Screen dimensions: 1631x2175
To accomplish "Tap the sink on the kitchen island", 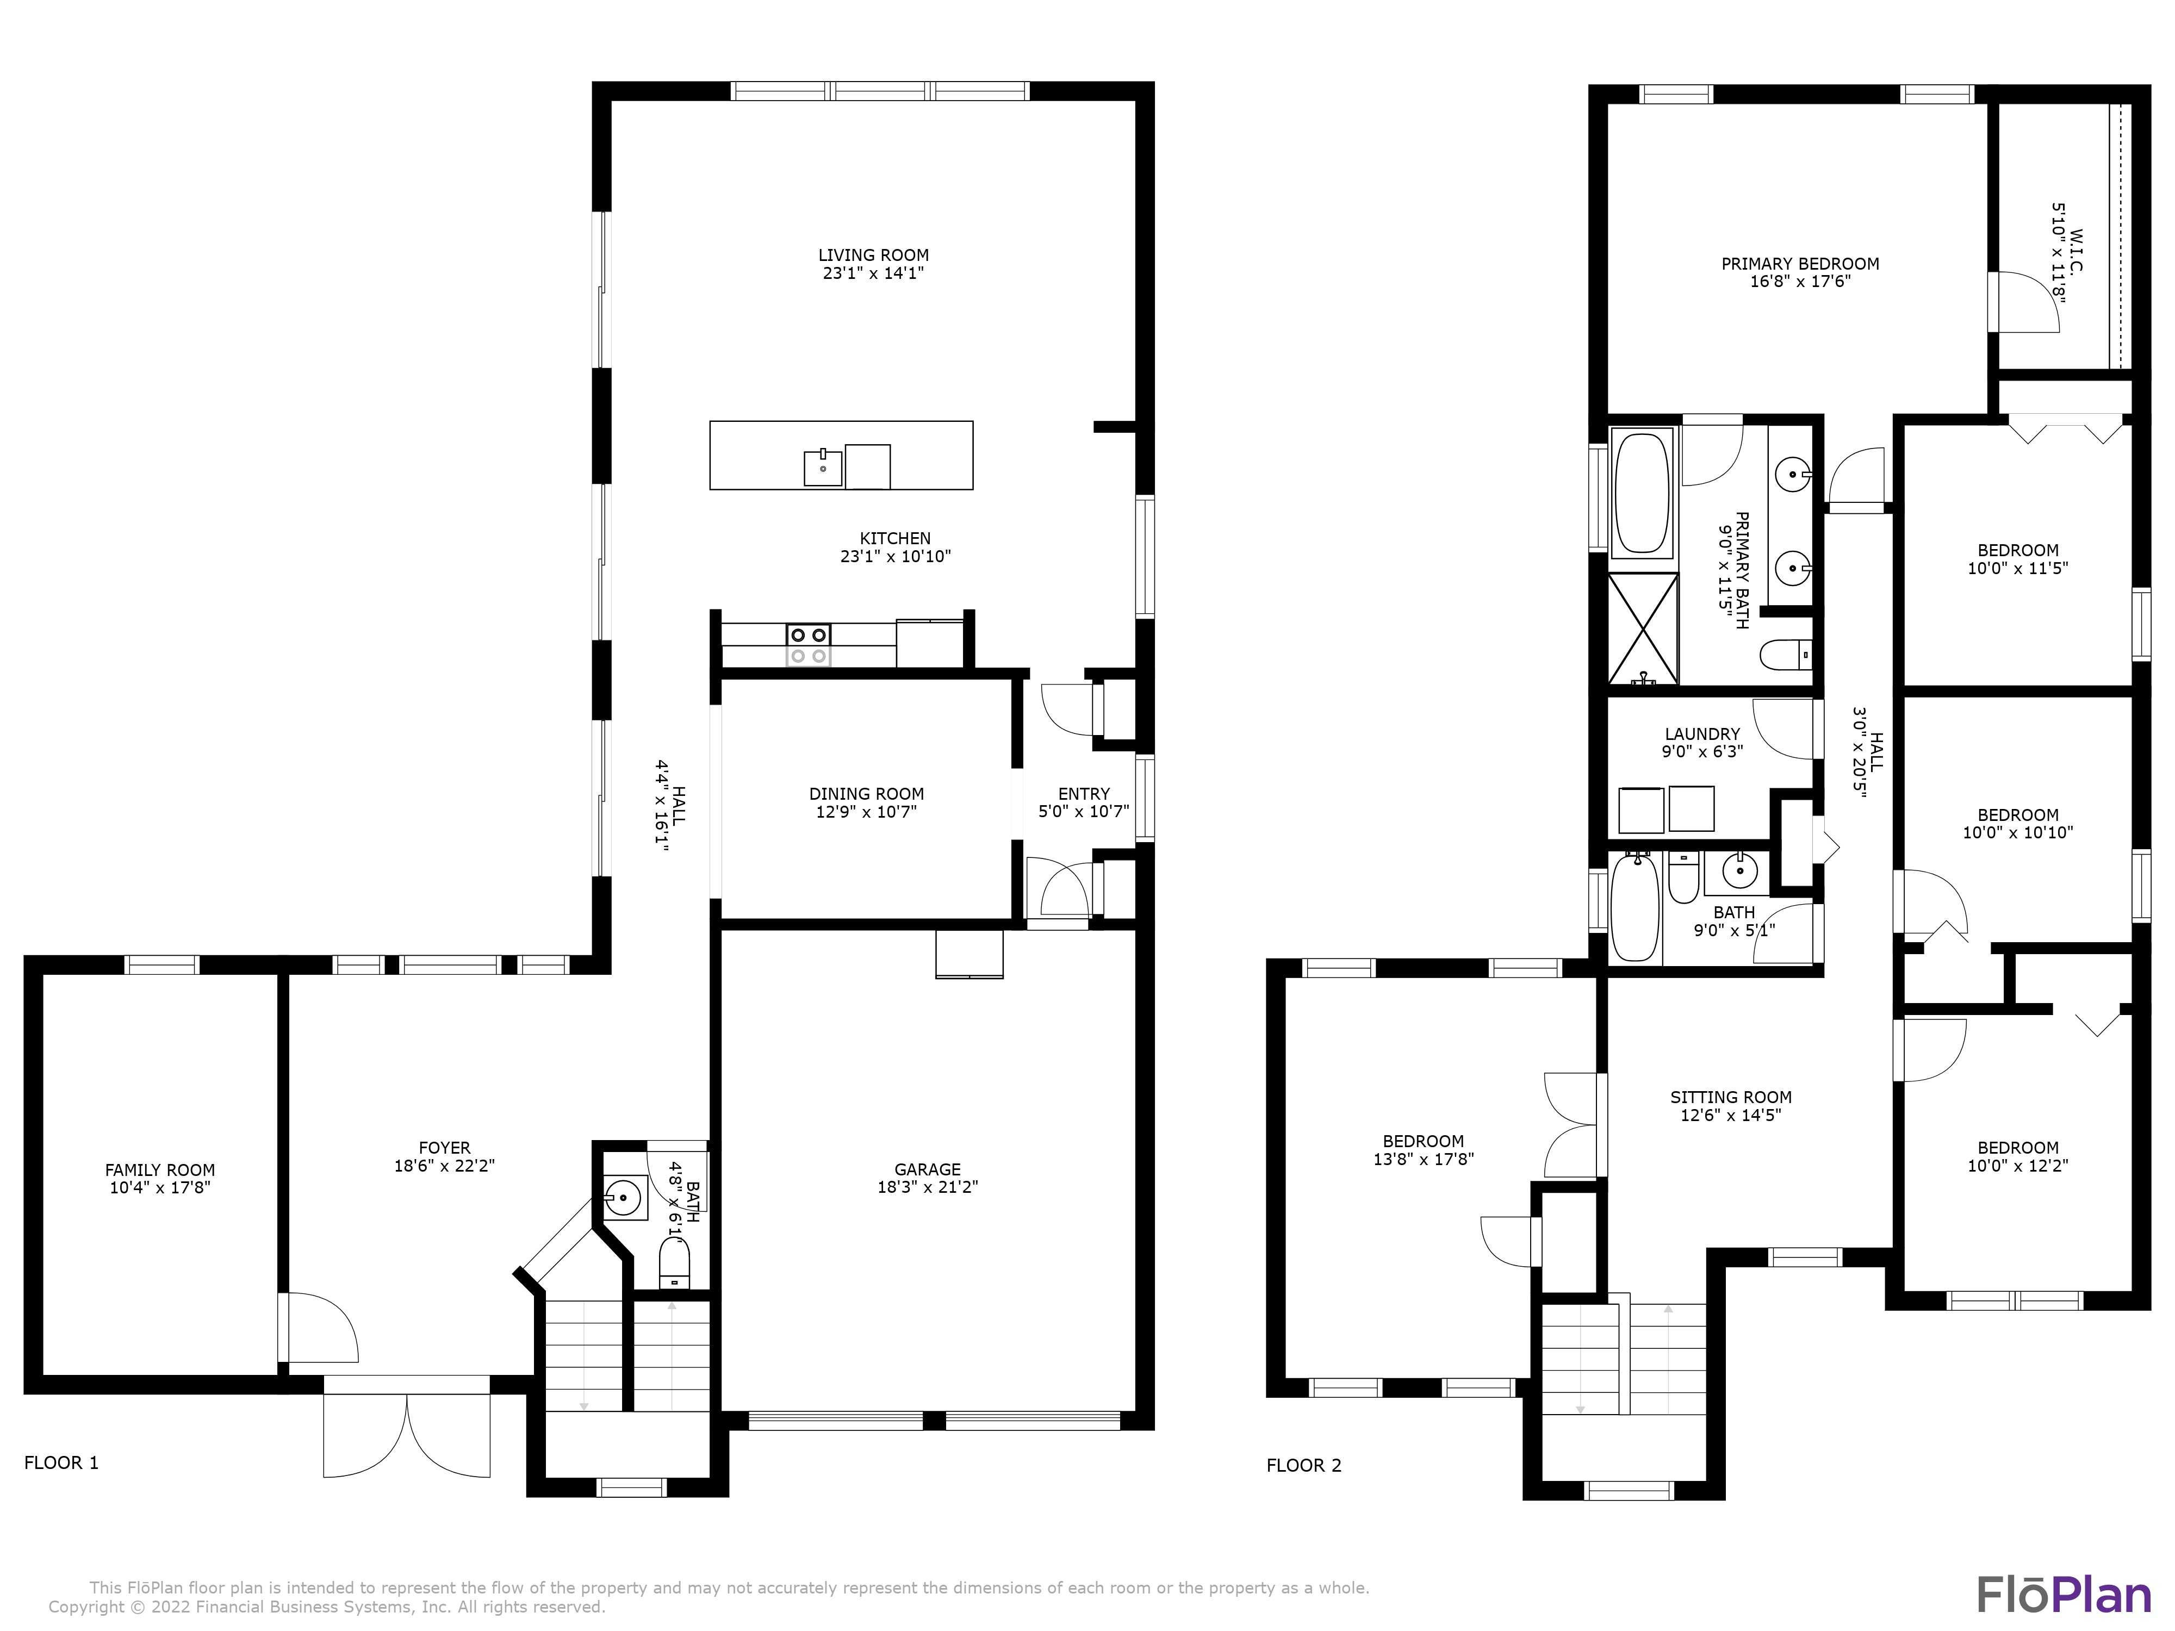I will point(823,468).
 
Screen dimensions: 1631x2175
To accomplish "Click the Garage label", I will point(927,1169).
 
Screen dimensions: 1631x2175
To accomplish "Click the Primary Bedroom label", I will point(1799,264).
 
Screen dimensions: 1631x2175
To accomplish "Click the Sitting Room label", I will point(1731,1097).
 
